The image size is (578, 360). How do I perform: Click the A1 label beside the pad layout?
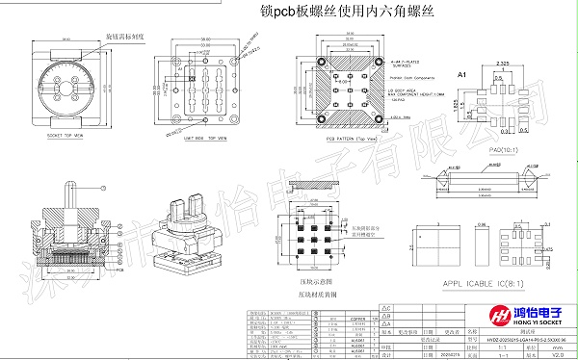click(460, 74)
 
